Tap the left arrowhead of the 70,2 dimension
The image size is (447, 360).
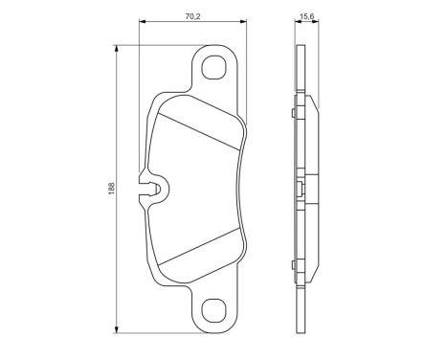click(x=143, y=21)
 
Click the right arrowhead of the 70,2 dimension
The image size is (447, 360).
click(x=245, y=21)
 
